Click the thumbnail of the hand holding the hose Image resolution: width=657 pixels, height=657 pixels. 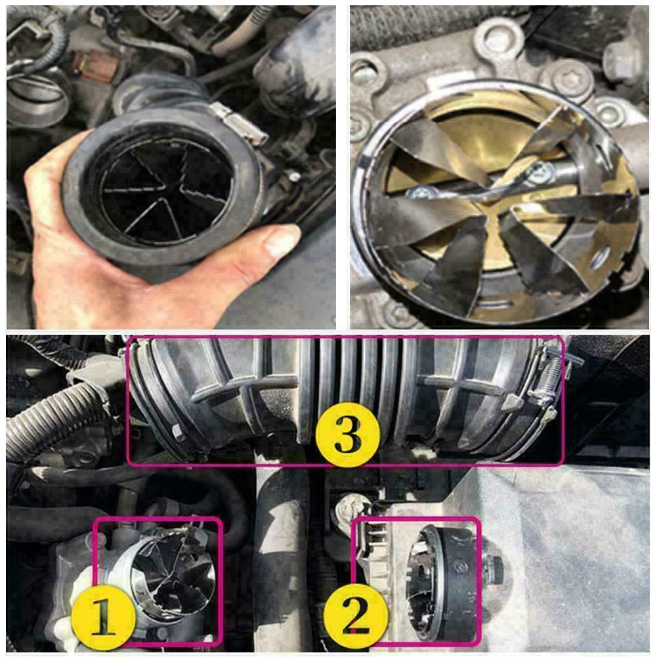click(171, 167)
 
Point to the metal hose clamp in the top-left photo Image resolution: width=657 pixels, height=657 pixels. click(237, 121)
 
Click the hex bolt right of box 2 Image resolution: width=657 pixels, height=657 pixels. click(494, 564)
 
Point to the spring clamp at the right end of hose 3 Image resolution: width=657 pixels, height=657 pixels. click(541, 384)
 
